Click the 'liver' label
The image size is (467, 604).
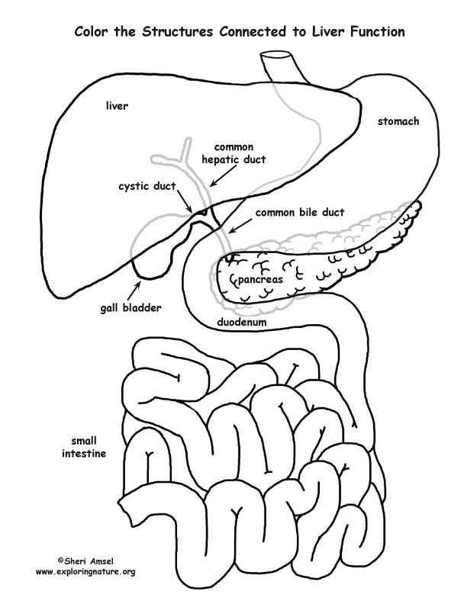click(117, 106)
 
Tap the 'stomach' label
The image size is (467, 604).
click(398, 121)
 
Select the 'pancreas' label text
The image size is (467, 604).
click(260, 280)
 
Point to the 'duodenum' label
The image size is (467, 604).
click(244, 323)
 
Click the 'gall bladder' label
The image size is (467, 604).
click(130, 308)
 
